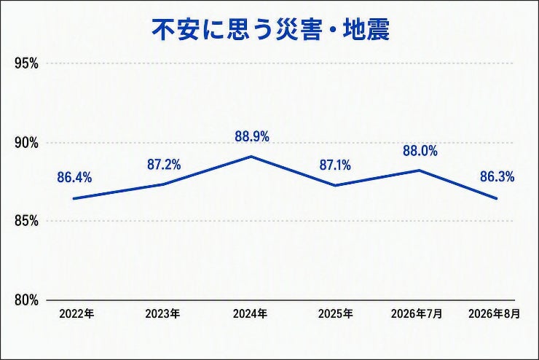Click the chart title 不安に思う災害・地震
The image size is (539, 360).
271,30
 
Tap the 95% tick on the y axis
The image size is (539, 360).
26,63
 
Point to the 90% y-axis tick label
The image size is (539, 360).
26,143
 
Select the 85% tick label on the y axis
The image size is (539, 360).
26,221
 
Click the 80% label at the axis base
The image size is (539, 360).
26,300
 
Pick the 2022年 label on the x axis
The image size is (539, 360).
76,313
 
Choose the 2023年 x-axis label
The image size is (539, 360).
162,313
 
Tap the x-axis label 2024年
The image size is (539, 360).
250,313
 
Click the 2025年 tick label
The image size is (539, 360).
336,313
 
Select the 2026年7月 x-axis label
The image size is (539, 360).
417,313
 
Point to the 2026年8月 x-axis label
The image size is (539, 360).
494,313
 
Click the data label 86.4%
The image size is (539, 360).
74,177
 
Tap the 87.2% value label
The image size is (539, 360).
164,165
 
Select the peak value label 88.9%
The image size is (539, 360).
252,136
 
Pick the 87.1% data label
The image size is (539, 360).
335,165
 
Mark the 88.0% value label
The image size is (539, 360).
420,151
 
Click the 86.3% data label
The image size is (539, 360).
497,177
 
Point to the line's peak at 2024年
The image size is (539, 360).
251,157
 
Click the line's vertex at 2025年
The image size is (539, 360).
335,185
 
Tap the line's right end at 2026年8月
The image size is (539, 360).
496,198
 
